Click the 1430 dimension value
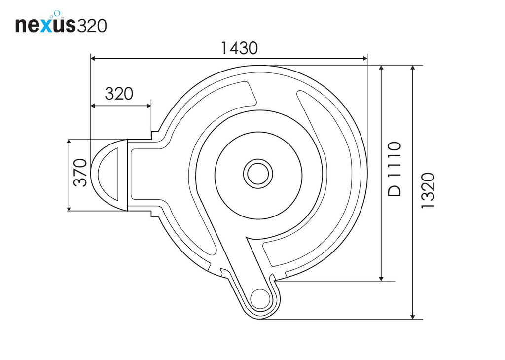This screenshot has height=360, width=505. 239,48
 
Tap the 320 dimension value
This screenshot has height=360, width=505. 119,93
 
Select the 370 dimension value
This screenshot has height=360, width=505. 81,173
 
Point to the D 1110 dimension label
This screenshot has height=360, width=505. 395,169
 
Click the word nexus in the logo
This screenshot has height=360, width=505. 45,25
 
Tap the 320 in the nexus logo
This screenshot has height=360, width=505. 92,25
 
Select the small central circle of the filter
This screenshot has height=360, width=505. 258,173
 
